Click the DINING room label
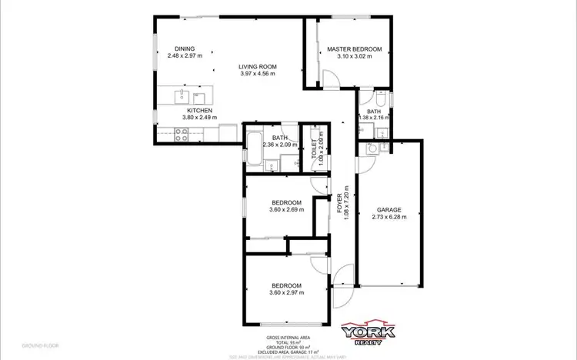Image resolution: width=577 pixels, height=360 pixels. coord(184,48)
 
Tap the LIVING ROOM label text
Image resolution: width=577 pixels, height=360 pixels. coord(258,67)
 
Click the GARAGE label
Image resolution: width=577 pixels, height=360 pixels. coord(389,210)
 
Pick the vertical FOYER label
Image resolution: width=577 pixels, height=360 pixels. coord(339,203)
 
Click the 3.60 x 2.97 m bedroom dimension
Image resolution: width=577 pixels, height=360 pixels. coord(286,292)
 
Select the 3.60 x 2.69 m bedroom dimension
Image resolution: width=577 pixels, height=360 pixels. coord(286,210)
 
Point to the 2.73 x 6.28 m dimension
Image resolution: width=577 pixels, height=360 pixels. coord(389,217)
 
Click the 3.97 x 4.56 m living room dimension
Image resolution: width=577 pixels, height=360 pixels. coord(258,74)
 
